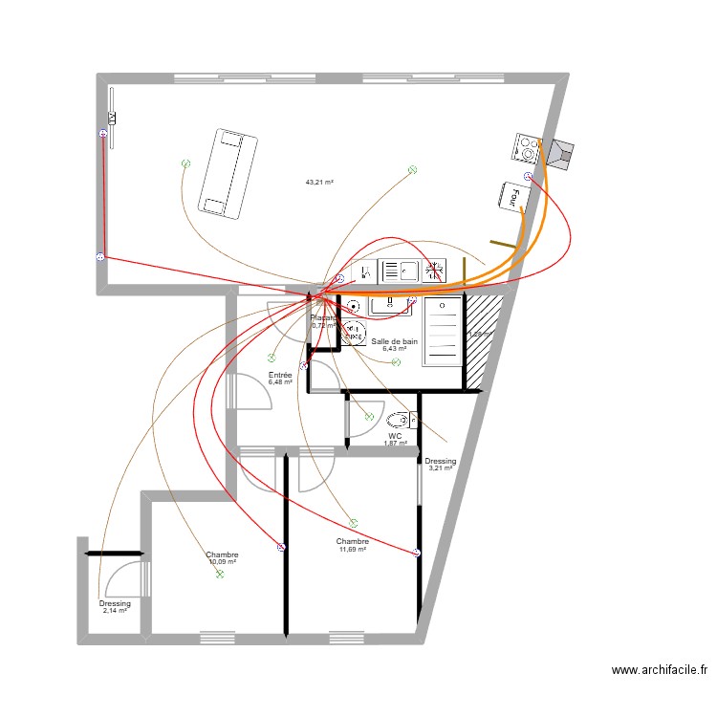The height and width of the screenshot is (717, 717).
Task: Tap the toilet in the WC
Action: click(400, 420)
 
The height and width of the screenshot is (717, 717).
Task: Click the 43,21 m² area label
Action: click(318, 182)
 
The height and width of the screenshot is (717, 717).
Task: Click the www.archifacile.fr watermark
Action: click(659, 671)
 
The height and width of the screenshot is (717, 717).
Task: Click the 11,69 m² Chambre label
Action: click(352, 545)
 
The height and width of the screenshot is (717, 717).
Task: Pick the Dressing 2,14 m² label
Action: click(115, 607)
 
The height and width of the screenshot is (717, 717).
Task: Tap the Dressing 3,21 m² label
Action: click(441, 465)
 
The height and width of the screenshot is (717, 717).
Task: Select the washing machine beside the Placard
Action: click(354, 333)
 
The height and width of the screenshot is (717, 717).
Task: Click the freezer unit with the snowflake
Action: click(435, 272)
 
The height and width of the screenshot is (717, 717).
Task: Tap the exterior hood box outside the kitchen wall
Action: click(560, 153)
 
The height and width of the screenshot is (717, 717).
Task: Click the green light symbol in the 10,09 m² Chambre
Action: click(220, 575)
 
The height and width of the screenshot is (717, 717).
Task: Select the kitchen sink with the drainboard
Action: click(399, 272)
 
